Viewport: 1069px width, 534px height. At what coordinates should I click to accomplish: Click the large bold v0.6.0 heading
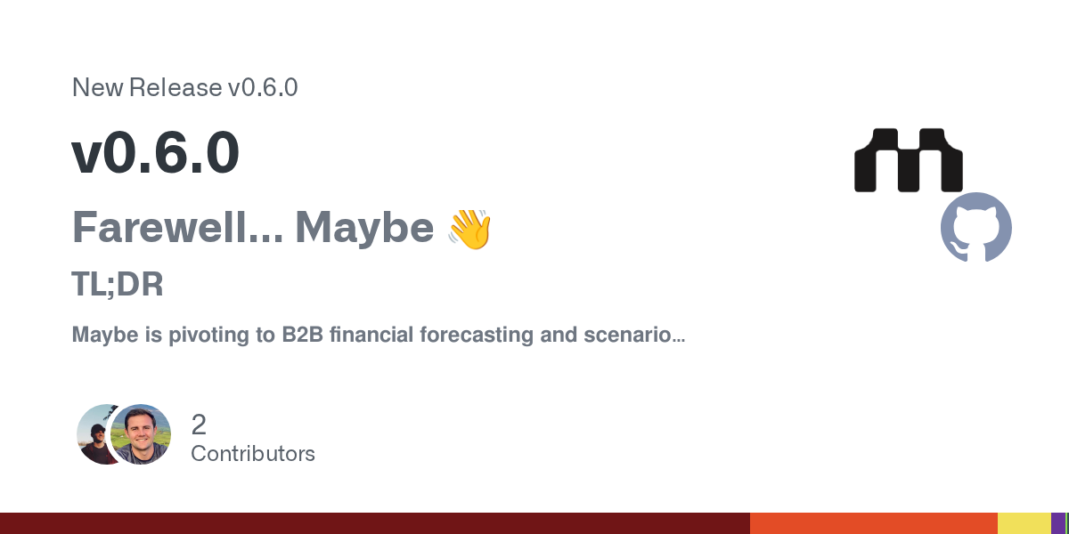155,152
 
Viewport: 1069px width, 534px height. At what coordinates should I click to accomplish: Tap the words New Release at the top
147,87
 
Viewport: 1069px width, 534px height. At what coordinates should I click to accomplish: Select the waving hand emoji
469,230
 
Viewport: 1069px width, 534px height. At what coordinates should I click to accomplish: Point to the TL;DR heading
118,284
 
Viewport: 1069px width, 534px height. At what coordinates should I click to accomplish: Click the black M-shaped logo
908,160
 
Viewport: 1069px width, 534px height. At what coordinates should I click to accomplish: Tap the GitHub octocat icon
976,228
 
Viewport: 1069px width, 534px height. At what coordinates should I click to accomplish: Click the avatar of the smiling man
141,434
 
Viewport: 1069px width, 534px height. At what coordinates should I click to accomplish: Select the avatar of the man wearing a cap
95,434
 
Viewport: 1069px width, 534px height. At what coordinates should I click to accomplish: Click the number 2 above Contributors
199,425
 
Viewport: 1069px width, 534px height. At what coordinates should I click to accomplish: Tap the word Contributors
253,454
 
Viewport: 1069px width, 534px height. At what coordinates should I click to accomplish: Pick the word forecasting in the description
477,336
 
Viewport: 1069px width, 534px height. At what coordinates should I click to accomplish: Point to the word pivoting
209,336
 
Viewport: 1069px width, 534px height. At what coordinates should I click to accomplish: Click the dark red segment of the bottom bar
375,523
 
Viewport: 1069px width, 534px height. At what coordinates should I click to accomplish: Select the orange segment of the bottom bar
873,523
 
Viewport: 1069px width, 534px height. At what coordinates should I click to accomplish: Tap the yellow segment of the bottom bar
1024,523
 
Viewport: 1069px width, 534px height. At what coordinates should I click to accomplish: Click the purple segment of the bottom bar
1058,523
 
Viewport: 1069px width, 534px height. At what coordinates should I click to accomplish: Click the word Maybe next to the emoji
364,229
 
